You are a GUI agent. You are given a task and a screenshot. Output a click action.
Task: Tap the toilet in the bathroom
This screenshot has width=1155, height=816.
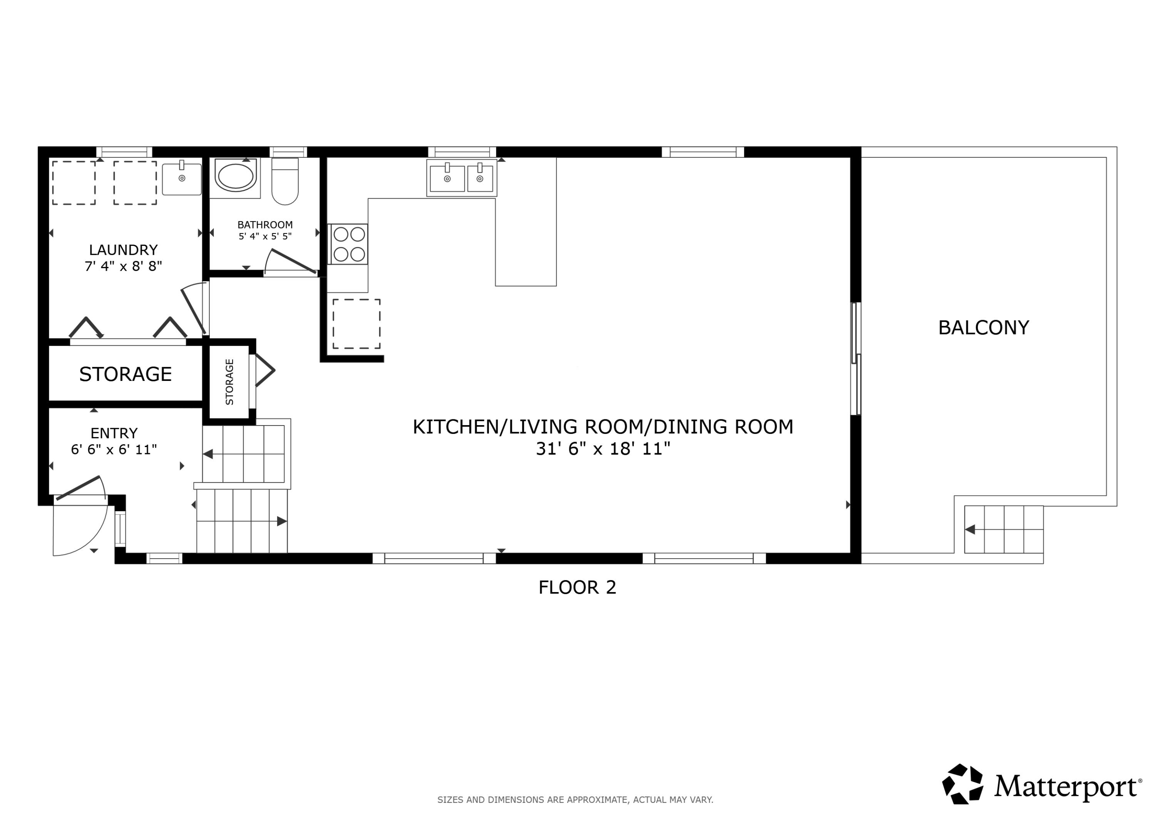point(285,182)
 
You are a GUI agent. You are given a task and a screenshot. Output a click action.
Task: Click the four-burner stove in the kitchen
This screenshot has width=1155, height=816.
point(348,244)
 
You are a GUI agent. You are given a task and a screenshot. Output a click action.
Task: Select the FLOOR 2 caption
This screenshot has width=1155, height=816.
point(577,587)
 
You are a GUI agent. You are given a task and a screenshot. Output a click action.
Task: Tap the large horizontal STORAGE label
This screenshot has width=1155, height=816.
point(125,374)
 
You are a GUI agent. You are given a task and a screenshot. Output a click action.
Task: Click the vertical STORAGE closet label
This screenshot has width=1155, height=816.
point(229,382)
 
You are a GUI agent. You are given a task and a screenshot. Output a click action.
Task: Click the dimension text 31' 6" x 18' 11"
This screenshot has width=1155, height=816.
point(603,449)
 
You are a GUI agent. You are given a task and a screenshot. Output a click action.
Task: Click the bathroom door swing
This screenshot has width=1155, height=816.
point(291,262)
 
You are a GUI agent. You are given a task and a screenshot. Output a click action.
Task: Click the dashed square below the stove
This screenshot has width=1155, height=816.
point(356,324)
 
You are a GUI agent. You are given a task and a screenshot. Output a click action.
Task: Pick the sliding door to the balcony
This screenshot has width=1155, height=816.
point(856,359)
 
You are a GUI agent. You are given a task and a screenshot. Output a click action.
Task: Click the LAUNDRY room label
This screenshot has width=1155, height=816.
point(123,250)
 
